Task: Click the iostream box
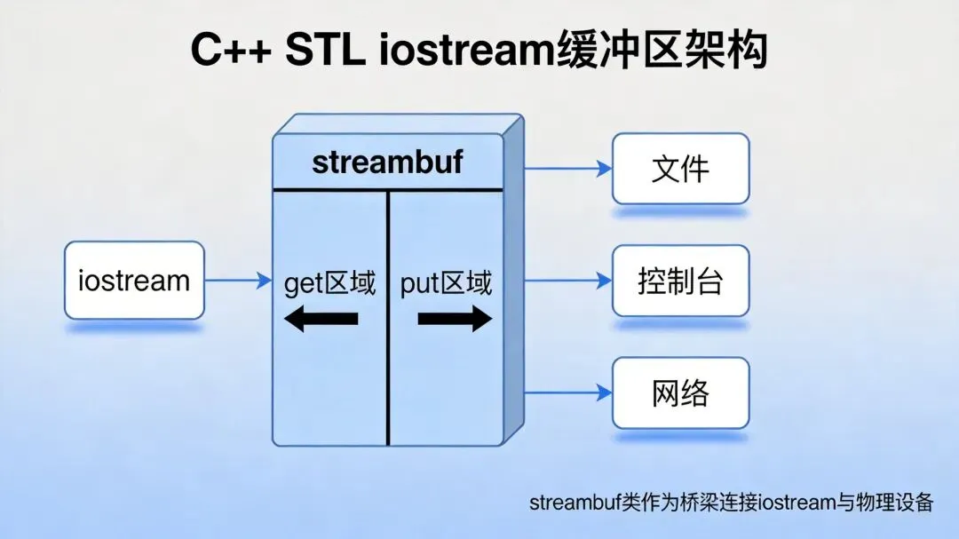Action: (134, 281)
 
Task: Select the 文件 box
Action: (681, 168)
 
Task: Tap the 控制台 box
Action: (681, 281)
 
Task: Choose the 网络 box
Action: (681, 393)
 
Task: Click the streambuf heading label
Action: (387, 163)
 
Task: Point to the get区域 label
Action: (329, 283)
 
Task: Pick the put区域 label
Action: (446, 283)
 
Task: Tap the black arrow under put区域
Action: (455, 319)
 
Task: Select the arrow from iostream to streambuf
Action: (238, 281)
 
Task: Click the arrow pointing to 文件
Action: (568, 168)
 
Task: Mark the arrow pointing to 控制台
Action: (568, 281)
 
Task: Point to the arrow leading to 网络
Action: (568, 393)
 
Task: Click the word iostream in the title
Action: (467, 52)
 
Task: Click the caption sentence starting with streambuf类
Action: (732, 503)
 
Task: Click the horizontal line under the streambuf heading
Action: (388, 189)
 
